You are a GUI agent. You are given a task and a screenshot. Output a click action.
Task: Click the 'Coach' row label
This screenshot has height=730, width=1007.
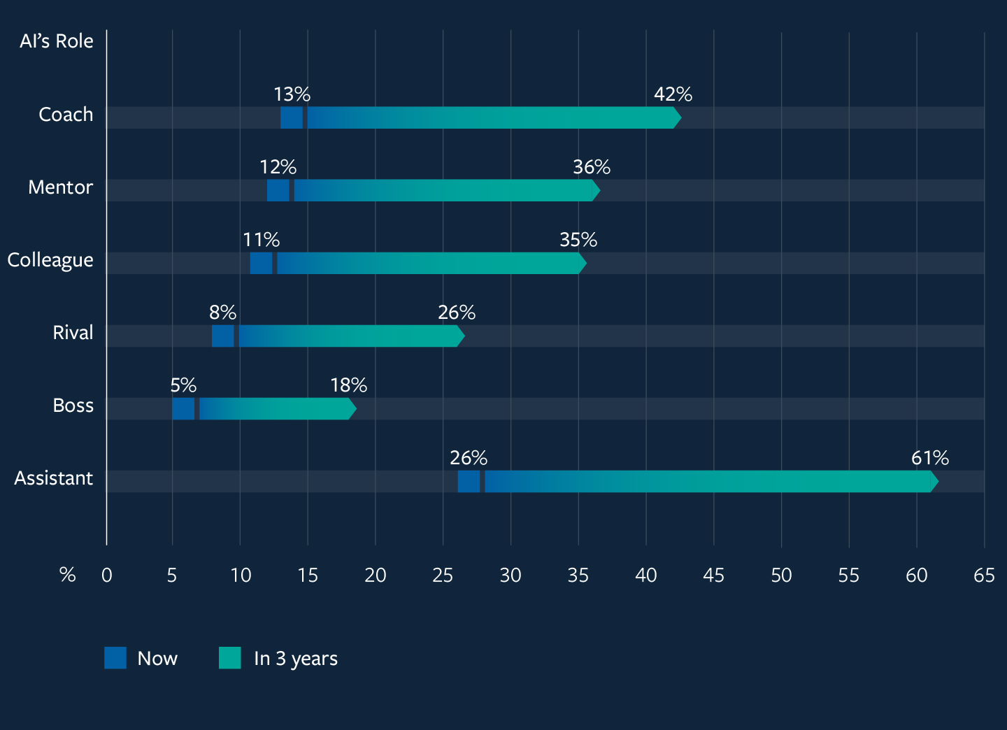(66, 115)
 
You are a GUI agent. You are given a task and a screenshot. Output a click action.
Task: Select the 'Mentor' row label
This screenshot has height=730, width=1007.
(60, 187)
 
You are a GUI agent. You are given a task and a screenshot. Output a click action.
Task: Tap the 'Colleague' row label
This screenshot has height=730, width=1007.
(50, 260)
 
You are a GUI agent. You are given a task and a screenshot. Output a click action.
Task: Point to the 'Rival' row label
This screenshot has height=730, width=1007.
(73, 333)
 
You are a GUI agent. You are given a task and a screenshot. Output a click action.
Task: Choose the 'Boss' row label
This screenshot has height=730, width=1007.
(73, 406)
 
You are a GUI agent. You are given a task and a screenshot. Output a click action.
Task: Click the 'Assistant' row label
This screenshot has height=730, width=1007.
(54, 478)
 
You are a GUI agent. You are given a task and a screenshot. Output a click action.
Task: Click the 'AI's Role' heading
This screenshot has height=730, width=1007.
(57, 41)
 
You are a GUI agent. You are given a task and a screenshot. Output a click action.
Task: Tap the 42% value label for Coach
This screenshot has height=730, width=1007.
(673, 94)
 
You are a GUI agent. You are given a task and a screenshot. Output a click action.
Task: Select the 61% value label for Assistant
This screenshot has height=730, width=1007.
(929, 458)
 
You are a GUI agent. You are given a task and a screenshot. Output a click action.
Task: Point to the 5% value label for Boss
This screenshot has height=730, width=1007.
(183, 385)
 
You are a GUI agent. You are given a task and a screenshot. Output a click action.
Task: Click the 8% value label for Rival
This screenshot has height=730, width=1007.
(222, 313)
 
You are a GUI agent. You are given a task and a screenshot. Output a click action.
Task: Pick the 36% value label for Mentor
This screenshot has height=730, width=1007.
(592, 167)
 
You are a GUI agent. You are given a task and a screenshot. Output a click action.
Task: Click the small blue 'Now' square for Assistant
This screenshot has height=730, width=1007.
(469, 482)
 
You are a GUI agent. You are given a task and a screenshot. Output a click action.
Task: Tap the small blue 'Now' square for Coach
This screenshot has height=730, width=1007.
(292, 118)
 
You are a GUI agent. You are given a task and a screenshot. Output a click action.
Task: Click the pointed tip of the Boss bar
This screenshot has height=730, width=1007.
(353, 409)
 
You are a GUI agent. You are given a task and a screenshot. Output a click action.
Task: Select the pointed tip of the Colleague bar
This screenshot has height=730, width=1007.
(583, 264)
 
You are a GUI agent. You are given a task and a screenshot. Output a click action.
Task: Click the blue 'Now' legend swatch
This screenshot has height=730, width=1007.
(115, 658)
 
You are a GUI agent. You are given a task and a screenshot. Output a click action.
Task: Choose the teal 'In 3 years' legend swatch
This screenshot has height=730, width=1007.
(229, 658)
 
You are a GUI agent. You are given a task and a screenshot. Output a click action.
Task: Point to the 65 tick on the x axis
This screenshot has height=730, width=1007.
(984, 575)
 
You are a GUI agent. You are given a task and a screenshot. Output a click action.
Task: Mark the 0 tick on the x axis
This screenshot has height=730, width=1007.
(107, 575)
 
